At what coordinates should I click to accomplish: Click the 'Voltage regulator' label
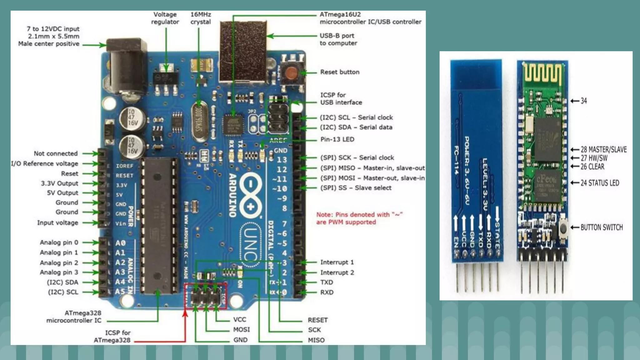(x=165, y=18)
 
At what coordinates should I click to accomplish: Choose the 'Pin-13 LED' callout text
(x=337, y=139)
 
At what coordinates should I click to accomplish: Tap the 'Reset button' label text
(x=340, y=72)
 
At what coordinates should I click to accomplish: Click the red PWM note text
(x=359, y=218)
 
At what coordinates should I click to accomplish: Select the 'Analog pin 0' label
(x=59, y=242)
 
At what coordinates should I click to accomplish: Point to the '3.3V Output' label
(x=59, y=183)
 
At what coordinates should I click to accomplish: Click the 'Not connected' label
(x=56, y=153)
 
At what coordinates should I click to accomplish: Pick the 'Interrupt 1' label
(x=337, y=262)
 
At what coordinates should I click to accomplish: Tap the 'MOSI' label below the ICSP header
(x=241, y=330)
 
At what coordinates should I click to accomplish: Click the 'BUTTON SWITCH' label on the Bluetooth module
(x=601, y=227)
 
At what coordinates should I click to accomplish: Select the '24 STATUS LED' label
(x=600, y=183)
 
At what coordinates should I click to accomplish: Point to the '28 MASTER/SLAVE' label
(x=603, y=150)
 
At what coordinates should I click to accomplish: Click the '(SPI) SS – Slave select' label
(x=356, y=188)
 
